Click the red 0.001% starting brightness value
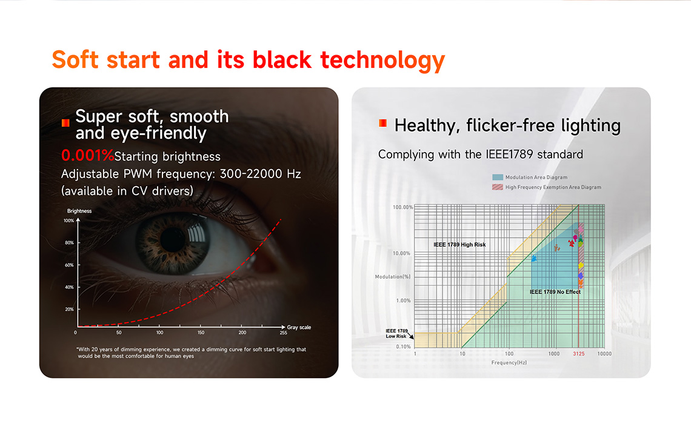(x=88, y=156)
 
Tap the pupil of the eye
(x=173, y=239)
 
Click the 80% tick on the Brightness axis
(x=69, y=243)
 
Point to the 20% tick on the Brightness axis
(x=69, y=309)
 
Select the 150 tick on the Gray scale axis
(x=201, y=333)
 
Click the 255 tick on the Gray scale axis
(x=283, y=333)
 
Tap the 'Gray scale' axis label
(x=299, y=327)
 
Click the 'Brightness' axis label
(x=79, y=211)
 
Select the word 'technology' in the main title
(x=382, y=61)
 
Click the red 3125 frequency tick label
(x=579, y=354)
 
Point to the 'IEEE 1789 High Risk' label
(x=459, y=244)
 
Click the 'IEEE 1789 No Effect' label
(x=555, y=291)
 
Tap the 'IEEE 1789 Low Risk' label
(x=396, y=333)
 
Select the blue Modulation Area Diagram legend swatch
(x=498, y=177)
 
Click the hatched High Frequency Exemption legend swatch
(x=498, y=187)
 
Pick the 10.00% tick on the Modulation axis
(x=401, y=253)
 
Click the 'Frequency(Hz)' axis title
(x=509, y=362)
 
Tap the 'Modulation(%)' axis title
(x=393, y=276)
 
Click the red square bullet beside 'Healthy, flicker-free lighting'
(x=382, y=124)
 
